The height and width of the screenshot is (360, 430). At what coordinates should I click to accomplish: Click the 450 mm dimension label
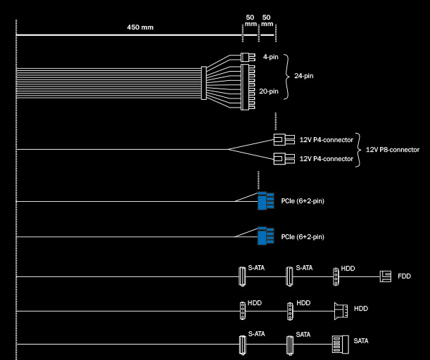140,27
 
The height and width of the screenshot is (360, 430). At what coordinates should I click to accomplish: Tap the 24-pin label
304,76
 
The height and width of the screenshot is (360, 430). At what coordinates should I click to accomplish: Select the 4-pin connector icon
248,57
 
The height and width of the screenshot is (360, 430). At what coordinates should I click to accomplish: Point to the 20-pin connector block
248,87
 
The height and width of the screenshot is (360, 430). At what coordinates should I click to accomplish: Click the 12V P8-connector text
393,150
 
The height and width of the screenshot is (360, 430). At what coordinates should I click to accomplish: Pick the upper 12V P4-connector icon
284,139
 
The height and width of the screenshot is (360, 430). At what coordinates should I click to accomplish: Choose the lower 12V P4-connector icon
284,159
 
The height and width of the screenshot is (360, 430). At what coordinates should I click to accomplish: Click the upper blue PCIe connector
266,201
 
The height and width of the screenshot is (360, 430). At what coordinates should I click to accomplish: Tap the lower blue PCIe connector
266,236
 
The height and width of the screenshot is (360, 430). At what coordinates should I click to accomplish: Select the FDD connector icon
385,276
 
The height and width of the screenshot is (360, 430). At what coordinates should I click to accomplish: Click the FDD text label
404,276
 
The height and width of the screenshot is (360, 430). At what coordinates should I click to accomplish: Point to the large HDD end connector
341,311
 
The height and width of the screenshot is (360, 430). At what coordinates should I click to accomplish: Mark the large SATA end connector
341,345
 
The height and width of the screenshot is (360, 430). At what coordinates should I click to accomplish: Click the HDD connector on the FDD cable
336,277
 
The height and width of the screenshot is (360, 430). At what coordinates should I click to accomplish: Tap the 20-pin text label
269,91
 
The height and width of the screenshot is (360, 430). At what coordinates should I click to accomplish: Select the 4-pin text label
271,57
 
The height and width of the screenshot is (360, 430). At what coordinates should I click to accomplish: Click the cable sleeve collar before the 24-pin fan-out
204,83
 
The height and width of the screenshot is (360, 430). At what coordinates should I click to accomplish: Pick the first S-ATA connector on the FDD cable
242,277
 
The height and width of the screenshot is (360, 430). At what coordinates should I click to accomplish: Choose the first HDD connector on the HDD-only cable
242,311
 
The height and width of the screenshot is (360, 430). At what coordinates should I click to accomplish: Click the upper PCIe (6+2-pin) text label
303,201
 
